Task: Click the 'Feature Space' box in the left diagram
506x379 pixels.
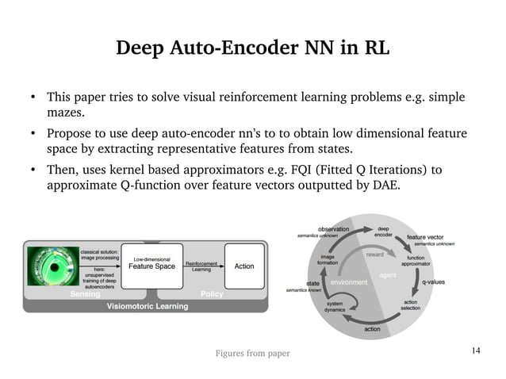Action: [x=153, y=266]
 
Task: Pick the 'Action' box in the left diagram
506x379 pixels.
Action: [x=243, y=266]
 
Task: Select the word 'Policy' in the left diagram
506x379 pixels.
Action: [x=212, y=294]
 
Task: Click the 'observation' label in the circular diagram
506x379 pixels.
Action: [x=335, y=230]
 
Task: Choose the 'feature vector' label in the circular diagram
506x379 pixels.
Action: [x=426, y=236]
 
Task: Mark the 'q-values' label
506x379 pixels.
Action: [x=433, y=281]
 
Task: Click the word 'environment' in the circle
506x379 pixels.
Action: [x=350, y=282]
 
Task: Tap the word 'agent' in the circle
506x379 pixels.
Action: [x=388, y=275]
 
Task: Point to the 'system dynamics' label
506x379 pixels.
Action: [x=335, y=306]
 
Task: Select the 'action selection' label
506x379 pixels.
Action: [x=411, y=305]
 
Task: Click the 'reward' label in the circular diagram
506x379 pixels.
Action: [x=375, y=255]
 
